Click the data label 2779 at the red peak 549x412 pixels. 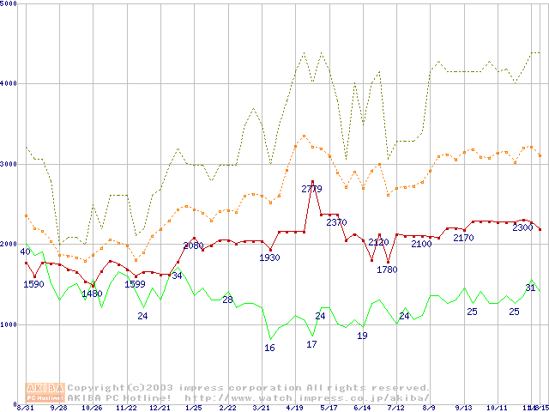[x=311, y=189]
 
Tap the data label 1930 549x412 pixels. [x=269, y=257]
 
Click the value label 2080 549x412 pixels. [x=193, y=245]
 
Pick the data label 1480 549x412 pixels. [x=92, y=294]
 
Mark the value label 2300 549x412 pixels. [x=522, y=227]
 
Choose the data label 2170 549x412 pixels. [x=463, y=238]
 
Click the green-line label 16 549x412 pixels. [x=269, y=348]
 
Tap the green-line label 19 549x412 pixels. [x=362, y=336]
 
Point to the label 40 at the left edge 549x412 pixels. [x=26, y=251]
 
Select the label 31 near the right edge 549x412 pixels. [x=530, y=288]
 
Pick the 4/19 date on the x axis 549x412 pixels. [x=294, y=408]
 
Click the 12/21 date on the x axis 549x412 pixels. [x=160, y=408]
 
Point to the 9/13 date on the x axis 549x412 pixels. [x=463, y=408]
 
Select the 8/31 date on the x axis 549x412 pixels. [x=25, y=408]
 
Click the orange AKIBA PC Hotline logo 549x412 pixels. [x=45, y=392]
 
